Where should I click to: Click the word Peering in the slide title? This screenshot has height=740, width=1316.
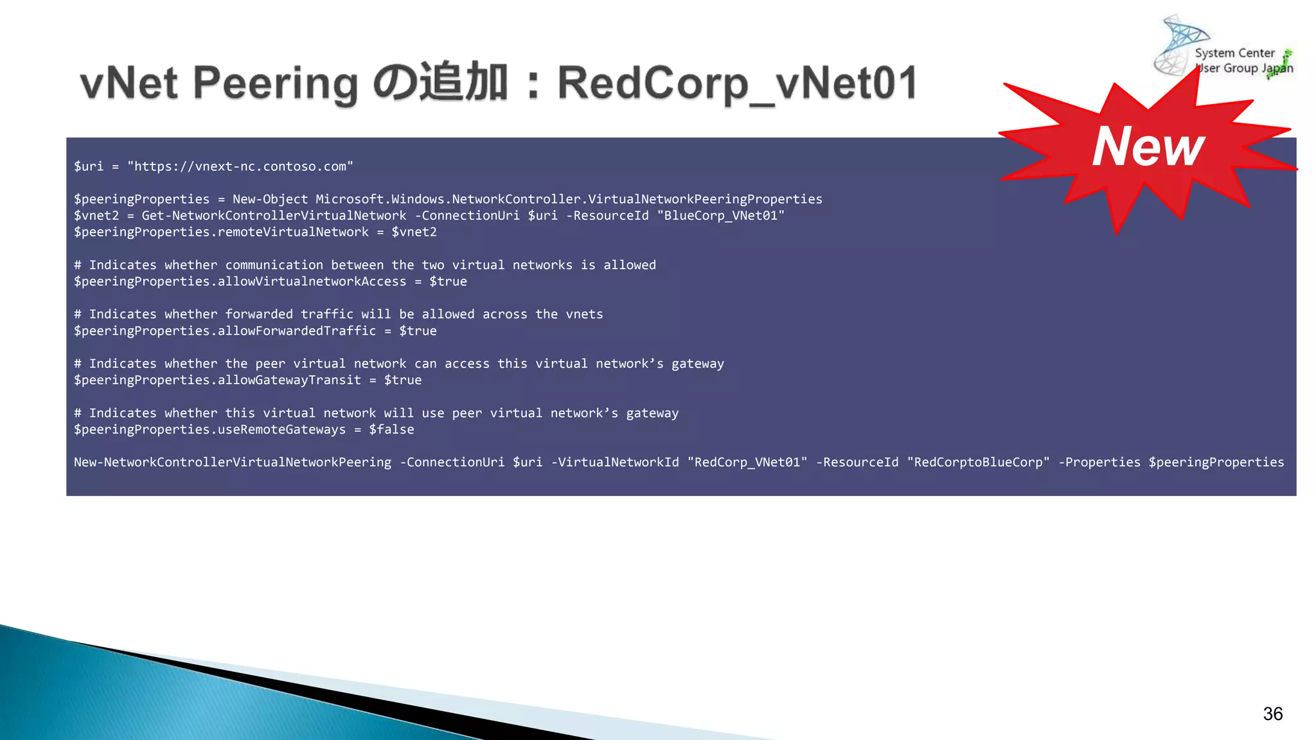click(275, 84)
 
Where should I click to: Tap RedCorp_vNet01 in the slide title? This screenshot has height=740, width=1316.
click(737, 84)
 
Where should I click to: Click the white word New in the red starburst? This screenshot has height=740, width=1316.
click(1148, 146)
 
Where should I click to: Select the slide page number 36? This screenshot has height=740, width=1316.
click(1272, 714)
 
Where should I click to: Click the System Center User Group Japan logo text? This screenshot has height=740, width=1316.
click(1243, 61)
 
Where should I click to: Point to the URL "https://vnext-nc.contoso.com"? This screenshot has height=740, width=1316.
click(240, 166)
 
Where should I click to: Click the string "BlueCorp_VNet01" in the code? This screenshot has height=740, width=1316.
click(721, 216)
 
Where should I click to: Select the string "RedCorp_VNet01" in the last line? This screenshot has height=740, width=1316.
click(747, 463)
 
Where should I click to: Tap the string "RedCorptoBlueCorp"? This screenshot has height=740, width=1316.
click(978, 463)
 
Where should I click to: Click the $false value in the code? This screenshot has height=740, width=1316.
click(391, 430)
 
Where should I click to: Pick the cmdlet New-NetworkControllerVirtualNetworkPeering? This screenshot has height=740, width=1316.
click(233, 463)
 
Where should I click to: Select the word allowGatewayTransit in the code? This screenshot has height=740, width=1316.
click(289, 380)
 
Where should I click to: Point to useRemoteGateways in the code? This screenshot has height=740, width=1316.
click(281, 430)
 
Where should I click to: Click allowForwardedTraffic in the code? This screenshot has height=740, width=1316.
click(297, 331)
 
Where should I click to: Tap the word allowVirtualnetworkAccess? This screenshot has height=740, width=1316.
click(312, 281)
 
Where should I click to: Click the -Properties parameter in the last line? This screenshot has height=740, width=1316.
click(1099, 463)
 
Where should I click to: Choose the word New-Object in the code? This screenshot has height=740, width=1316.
click(270, 199)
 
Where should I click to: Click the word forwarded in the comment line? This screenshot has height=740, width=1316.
click(259, 314)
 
